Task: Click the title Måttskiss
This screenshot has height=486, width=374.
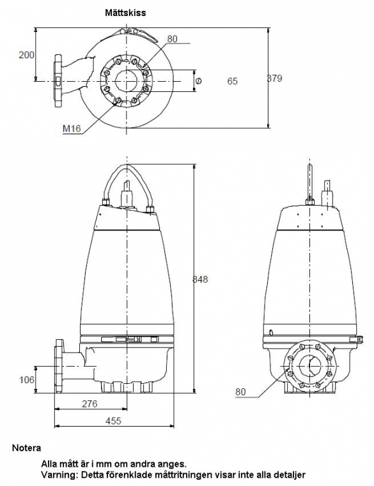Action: click(125, 13)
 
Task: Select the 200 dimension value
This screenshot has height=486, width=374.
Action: click(26, 55)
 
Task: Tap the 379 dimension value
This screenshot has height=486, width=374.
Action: click(275, 78)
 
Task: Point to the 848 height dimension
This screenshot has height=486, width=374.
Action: click(200, 279)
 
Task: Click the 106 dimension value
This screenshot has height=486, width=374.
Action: click(27, 379)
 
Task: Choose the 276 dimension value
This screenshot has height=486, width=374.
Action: click(90, 404)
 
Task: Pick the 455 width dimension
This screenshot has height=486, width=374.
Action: click(113, 421)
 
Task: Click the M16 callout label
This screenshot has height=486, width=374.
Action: click(72, 128)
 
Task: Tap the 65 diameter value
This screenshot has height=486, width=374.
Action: click(233, 81)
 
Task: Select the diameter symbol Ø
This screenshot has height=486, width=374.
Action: click(198, 81)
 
